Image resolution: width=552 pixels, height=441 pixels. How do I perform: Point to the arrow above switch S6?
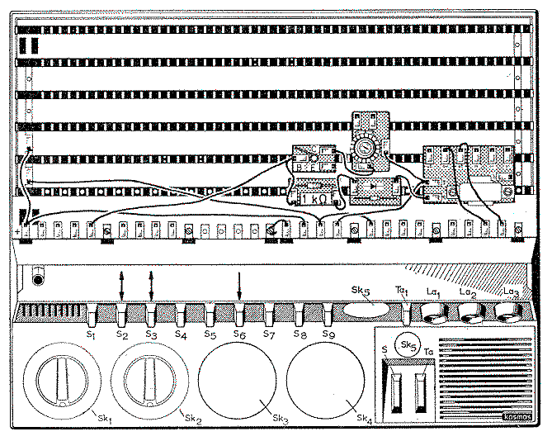click(239, 287)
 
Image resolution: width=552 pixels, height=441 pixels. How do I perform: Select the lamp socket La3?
click(509, 312)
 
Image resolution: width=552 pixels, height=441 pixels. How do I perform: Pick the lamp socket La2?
click(472, 312)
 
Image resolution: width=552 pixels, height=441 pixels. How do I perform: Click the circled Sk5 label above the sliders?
click(406, 343)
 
